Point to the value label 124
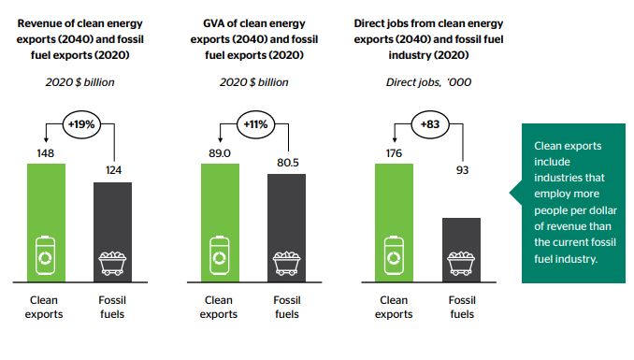pyautogui.click(x=113, y=171)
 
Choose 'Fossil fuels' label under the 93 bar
pyautogui.click(x=460, y=307)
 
